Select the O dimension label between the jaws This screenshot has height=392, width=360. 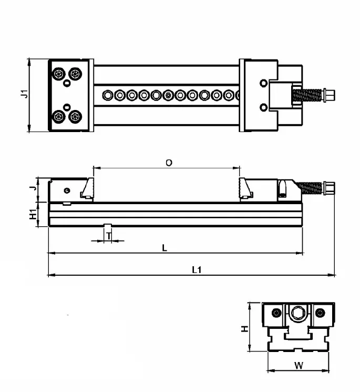(168, 163)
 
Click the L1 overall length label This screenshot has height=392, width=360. (197, 270)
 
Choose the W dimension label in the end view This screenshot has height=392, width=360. (298, 365)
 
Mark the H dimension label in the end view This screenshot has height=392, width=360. (244, 328)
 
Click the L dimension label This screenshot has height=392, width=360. (164, 248)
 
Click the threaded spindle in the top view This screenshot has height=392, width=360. (307, 96)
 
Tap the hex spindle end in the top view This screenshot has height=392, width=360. (330, 95)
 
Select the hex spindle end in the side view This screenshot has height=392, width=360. (330, 188)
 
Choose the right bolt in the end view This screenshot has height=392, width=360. (320, 314)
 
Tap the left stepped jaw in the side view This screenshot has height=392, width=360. (87, 189)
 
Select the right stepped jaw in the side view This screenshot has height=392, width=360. (246, 189)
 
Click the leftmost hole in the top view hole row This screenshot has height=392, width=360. (108, 95)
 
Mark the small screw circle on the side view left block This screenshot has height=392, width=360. (66, 190)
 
